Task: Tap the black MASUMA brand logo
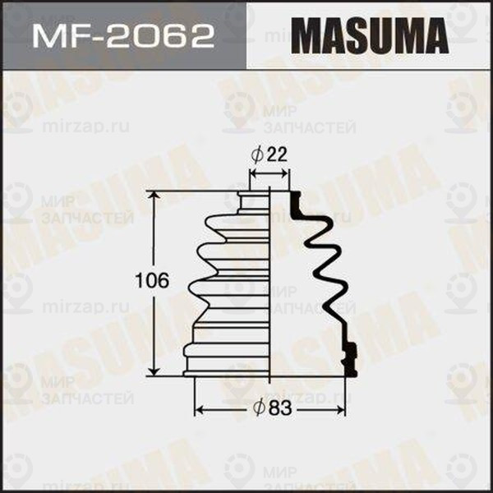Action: pos(370,38)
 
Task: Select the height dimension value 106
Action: pos(152,281)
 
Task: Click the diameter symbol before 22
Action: pos(256,154)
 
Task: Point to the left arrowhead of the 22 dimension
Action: pos(253,173)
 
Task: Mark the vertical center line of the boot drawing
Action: pos(270,288)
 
